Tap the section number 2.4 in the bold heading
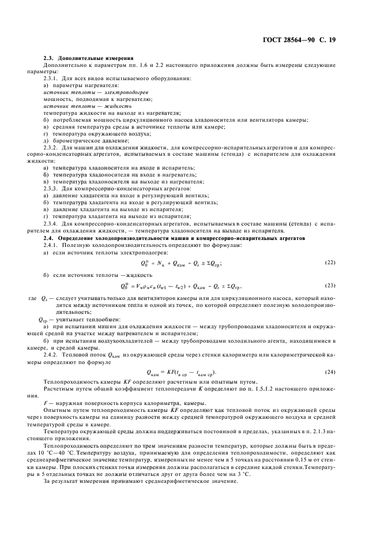click(49, 238)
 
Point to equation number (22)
click(330, 262)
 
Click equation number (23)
click(330, 285)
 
